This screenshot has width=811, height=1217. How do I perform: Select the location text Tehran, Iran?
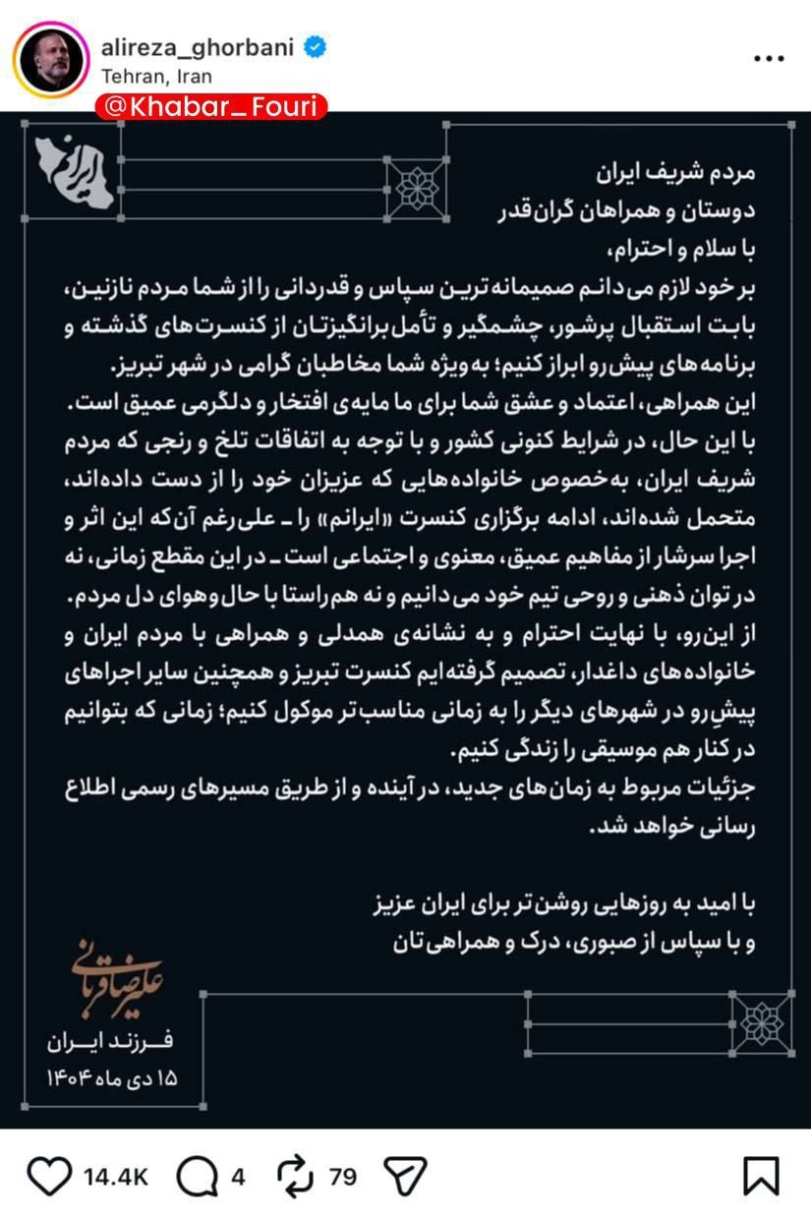pyautogui.click(x=156, y=76)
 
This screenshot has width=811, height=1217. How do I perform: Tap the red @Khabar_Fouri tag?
pyautogui.click(x=210, y=106)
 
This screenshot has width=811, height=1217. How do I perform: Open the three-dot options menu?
pyautogui.click(x=768, y=59)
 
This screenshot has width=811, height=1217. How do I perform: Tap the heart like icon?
pyautogui.click(x=49, y=1176)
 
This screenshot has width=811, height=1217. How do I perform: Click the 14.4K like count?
pyautogui.click(x=115, y=1177)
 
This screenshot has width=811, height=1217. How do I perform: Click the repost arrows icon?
pyautogui.click(x=294, y=1176)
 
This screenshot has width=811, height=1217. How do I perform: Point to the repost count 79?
pyautogui.click(x=343, y=1177)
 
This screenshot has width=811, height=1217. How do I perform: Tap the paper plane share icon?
pyautogui.click(x=404, y=1176)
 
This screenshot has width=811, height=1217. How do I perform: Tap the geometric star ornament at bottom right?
pyautogui.click(x=763, y=1022)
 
